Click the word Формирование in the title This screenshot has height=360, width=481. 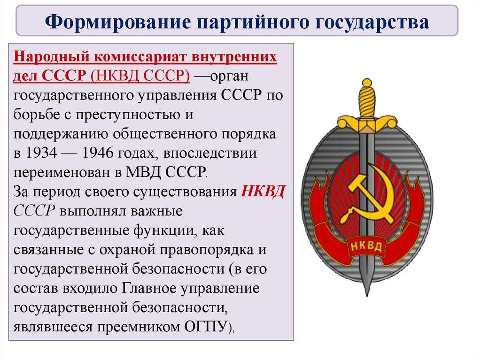pos(117,22)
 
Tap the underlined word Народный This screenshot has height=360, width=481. pos(51,57)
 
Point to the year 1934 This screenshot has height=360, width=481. pos(41,153)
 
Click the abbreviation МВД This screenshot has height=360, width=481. pos(143,172)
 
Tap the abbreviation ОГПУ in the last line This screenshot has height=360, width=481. pos(206,327)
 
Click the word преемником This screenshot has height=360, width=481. pos(139,327)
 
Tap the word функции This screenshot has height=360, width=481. pos(164,230)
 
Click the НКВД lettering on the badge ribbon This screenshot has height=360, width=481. pos(366,246)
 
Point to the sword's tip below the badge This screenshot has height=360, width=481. pos(367,296)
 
